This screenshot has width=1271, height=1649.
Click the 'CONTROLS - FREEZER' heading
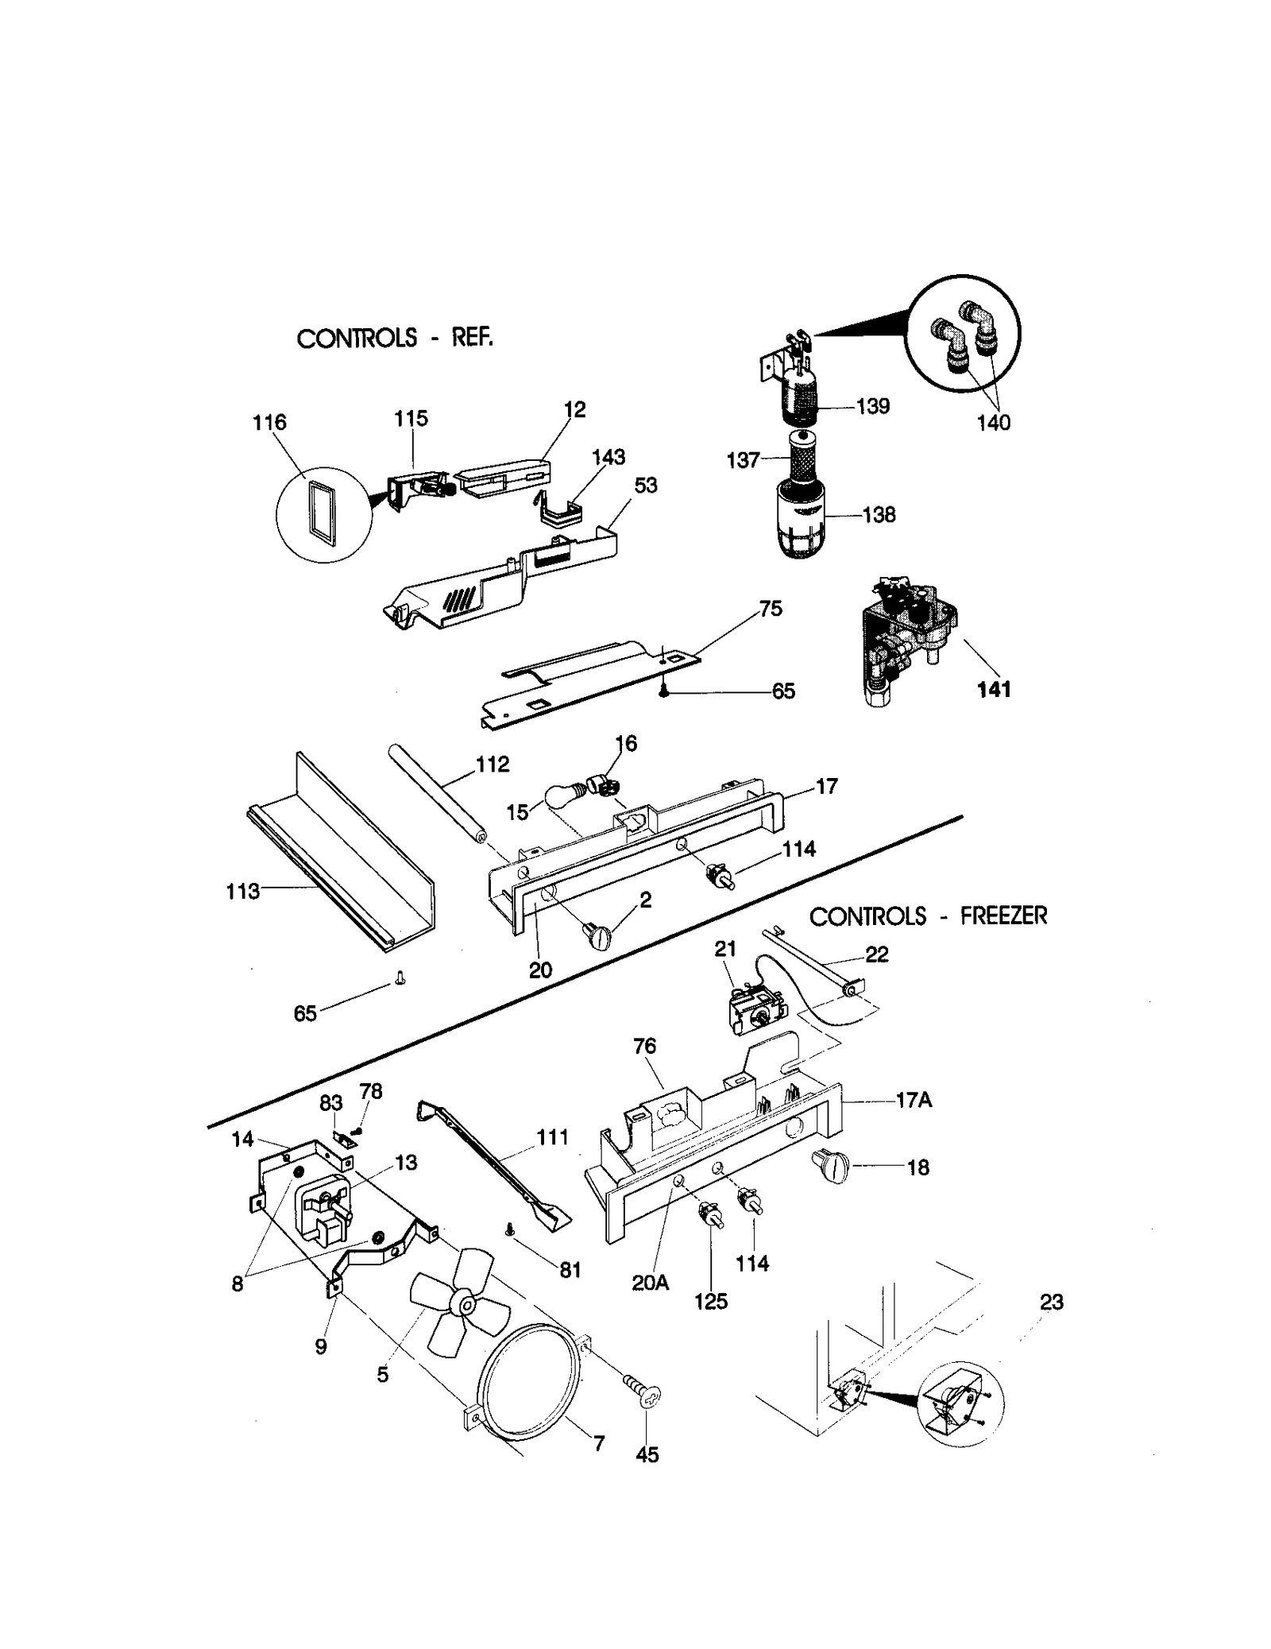click(927, 916)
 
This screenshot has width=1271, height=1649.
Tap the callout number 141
click(994, 690)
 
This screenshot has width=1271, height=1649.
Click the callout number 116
click(268, 422)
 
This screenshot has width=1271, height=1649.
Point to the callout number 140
click(993, 422)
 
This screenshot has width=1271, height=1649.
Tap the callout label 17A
click(914, 1101)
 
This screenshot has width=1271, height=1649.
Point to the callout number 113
click(242, 891)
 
